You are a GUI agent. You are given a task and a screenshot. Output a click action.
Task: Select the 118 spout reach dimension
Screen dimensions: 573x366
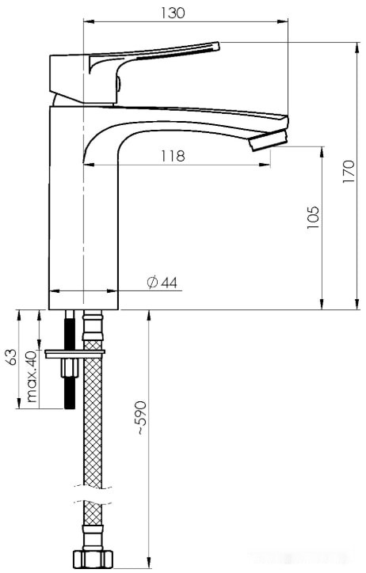173,156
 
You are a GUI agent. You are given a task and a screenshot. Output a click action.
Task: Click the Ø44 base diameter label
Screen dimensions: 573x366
162,283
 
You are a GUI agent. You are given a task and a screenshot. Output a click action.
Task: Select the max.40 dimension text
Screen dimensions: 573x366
32,376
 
